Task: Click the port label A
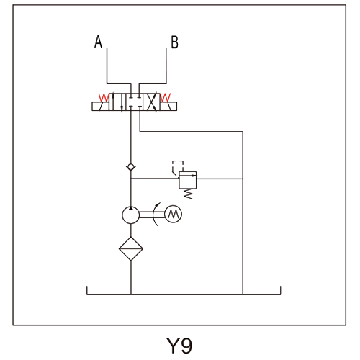coord(98,42)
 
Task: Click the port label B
coord(174,42)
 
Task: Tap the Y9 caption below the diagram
coord(179,346)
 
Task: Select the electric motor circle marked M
coord(174,214)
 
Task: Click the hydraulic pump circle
coord(130,215)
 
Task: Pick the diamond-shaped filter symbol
coord(131,248)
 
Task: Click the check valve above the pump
coord(131,167)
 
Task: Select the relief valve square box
coord(188,180)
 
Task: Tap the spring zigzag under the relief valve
coord(188,194)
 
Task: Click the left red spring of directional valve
coord(104,97)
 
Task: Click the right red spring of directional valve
coord(165,97)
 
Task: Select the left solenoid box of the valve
coord(100,107)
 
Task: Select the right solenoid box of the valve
coord(168,107)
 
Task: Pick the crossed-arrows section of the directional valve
coord(151,102)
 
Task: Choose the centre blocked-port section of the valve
coord(135,102)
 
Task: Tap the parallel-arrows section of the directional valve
coord(117,102)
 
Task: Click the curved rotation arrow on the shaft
coord(154,215)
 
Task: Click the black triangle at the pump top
coord(130,208)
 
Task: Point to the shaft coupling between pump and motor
coord(152,215)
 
